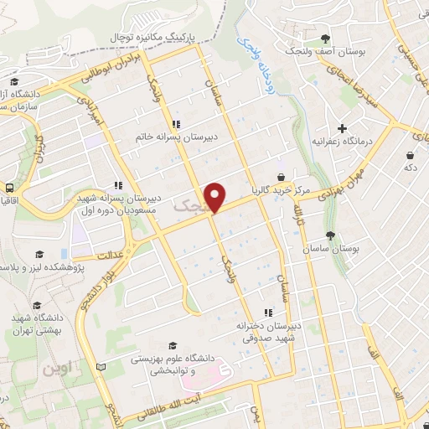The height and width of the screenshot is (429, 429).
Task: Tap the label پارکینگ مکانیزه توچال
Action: coord(163,39)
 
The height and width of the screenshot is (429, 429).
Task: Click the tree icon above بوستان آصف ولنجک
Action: coord(325,39)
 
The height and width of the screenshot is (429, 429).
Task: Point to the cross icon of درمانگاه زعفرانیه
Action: coord(342,128)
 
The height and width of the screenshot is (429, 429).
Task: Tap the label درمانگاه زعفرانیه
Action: coord(342,142)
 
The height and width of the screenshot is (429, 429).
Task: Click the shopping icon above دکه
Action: coord(409,156)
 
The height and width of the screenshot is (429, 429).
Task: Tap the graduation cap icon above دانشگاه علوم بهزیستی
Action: coord(173,345)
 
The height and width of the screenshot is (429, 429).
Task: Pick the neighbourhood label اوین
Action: coord(59,367)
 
